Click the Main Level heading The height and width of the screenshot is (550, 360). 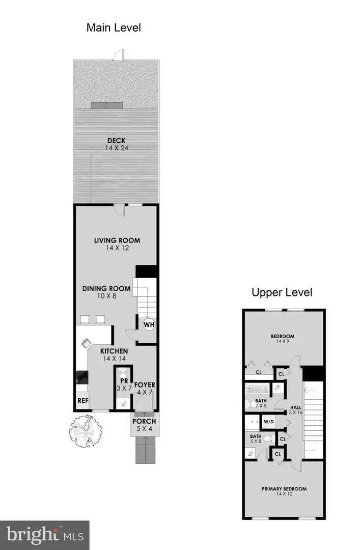114,28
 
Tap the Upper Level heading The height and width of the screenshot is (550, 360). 282,292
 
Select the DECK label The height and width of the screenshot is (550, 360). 116,141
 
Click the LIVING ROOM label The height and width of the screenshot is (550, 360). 117,240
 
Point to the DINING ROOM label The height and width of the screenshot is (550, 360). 106,288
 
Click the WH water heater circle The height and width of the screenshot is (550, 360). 149,324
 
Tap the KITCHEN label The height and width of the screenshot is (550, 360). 114,351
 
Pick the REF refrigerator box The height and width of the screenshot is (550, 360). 83,400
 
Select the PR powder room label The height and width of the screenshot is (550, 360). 123,380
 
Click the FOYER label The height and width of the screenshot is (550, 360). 144,385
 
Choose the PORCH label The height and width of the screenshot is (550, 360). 144,422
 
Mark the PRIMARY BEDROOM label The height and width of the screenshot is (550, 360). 284,489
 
